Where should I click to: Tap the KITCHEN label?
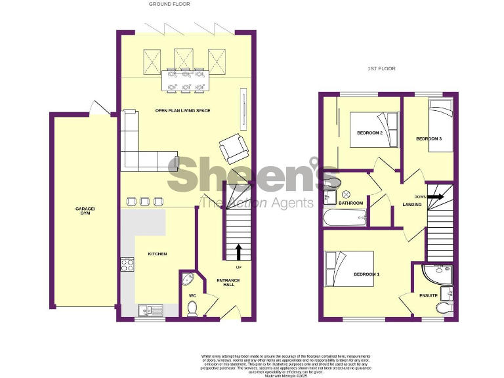coord(157,254)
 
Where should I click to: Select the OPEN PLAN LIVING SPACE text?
coord(182,110)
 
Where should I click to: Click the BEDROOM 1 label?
coord(366,274)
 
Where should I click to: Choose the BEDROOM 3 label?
coord(429,139)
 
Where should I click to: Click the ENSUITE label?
coord(429,295)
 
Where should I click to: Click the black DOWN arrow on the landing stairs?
coord(434,196)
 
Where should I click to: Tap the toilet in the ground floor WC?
coord(192,308)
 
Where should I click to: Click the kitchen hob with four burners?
coord(127,265)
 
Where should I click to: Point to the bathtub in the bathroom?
coord(345,218)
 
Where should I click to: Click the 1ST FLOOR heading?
coord(381,68)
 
